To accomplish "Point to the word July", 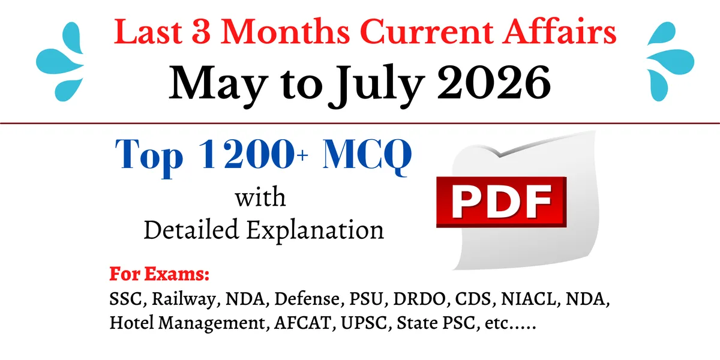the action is (376, 85).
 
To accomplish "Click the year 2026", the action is (494, 83).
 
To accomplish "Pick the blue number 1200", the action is (247, 154).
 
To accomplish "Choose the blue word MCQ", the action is (367, 156).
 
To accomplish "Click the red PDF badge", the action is (502, 202).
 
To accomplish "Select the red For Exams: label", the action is (160, 274).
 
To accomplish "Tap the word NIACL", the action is (529, 299).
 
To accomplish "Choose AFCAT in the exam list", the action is (302, 323).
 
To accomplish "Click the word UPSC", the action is (364, 323).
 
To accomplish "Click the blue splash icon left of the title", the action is (60, 61).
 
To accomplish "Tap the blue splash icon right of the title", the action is (670, 61).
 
